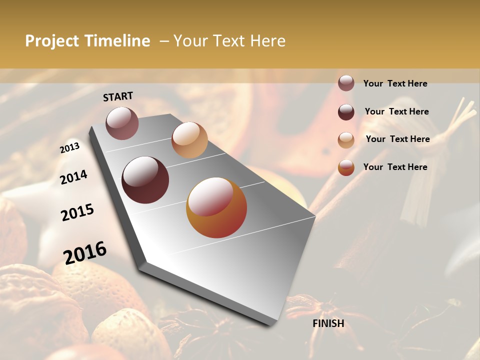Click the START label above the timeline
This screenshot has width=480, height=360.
point(118,96)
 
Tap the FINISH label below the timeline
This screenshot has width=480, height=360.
point(328,323)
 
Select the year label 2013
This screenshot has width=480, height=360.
point(69,148)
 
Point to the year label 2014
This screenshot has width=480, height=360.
point(73,177)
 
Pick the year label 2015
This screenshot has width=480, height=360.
point(77,212)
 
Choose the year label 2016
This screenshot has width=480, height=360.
point(85,252)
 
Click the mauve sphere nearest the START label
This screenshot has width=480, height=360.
point(122,123)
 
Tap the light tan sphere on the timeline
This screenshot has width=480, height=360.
point(189,139)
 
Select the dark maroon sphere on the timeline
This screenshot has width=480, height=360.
point(145,180)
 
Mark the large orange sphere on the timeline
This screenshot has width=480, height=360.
point(216,207)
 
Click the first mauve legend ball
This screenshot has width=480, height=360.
point(346,83)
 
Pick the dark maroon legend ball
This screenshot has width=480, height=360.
point(346,112)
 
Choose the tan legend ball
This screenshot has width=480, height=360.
point(346,140)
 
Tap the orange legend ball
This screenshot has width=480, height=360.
point(346,167)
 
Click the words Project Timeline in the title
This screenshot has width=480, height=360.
point(87,41)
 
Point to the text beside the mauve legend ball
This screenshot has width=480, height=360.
point(395,83)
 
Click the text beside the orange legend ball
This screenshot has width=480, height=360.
point(395,167)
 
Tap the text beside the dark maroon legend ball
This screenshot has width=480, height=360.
point(396,111)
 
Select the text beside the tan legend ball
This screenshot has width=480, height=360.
point(397,139)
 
